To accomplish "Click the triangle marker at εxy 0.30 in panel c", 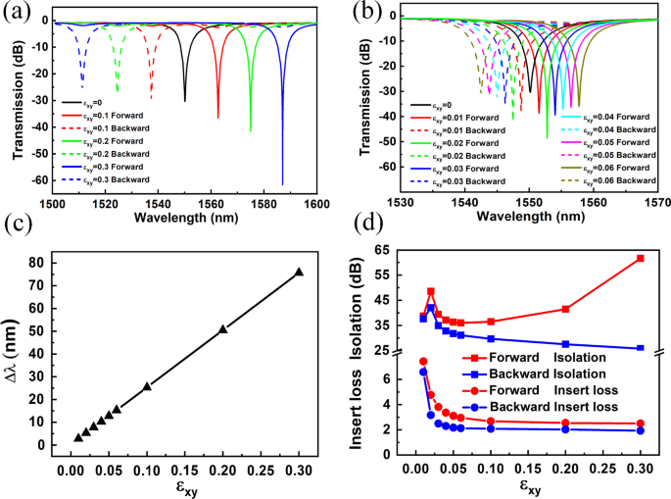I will click(299, 273).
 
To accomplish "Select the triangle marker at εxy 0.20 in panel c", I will click(223, 329).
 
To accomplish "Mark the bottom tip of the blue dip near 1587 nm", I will click(282, 184).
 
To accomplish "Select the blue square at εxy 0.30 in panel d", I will click(641, 348).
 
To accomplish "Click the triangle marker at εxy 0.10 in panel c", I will click(147, 386).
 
